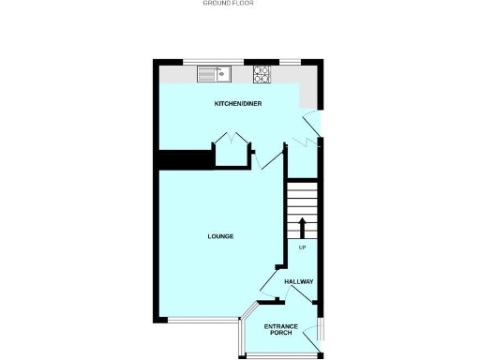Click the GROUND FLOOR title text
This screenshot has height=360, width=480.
point(229,4)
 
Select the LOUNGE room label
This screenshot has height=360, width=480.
point(220,236)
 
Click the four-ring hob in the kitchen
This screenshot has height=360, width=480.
point(261,73)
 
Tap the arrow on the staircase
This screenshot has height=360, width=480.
point(302,227)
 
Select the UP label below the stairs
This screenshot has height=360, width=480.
point(302,247)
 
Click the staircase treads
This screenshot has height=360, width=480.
point(302,199)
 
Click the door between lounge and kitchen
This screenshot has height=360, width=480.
point(272,157)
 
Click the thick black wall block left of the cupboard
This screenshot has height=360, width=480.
point(182,160)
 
